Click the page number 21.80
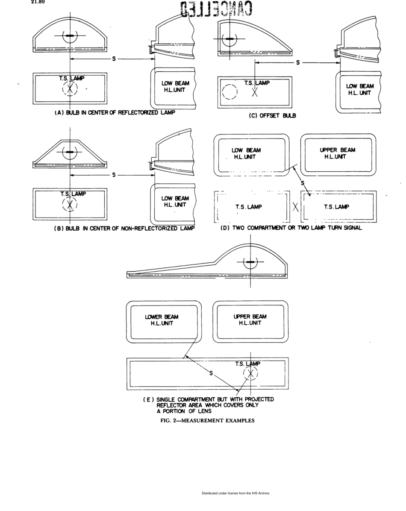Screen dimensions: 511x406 coord(37,2)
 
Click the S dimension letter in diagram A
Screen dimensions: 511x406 coord(114,59)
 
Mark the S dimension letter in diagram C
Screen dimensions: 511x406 coord(297,62)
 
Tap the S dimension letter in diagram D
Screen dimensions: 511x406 coord(303,183)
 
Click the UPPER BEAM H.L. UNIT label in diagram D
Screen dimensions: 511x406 coord(337,153)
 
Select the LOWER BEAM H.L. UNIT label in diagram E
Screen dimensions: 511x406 coord(162,320)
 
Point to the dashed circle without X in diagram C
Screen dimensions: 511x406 coord(229,91)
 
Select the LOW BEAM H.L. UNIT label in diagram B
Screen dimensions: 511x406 coord(175,201)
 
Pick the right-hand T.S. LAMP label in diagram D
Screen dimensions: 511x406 coord(336,207)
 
